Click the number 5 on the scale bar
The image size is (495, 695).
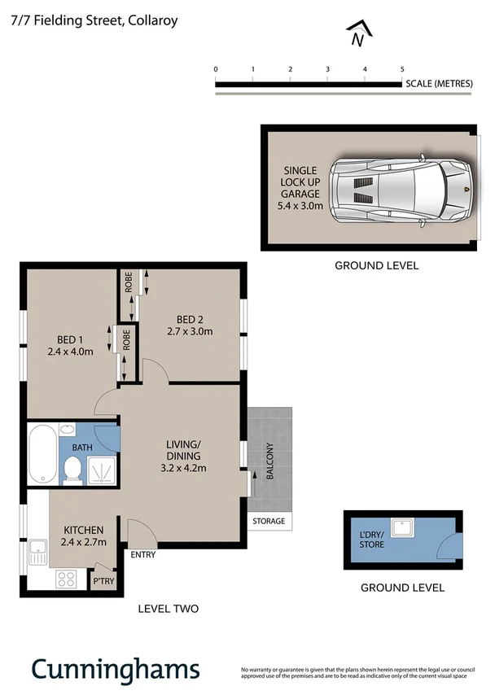click(x=402, y=70)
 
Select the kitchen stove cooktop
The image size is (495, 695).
click(x=66, y=579)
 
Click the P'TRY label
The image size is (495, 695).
click(x=103, y=581)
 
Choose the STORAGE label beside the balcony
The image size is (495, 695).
click(x=269, y=521)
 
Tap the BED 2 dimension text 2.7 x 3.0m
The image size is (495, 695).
click(x=189, y=331)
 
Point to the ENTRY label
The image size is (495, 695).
click(x=142, y=555)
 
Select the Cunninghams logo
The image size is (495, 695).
click(x=115, y=669)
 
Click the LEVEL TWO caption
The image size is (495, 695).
click(x=168, y=608)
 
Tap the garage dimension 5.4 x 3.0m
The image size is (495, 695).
click(x=300, y=206)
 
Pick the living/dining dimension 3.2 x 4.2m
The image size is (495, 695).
click(x=184, y=467)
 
